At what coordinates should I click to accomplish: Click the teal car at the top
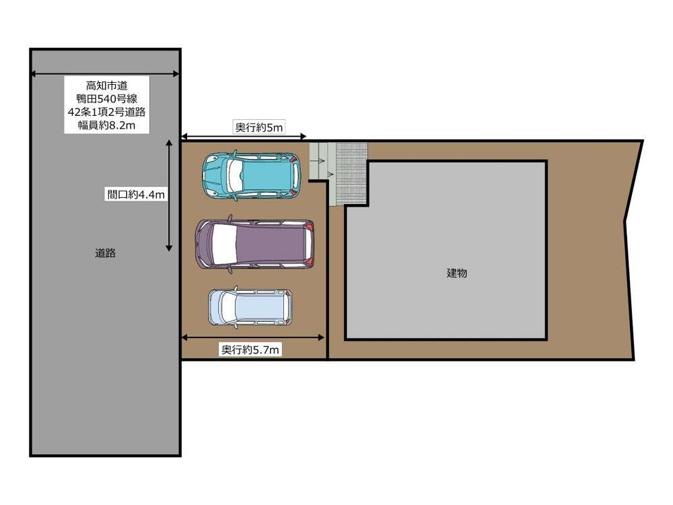point(252,176)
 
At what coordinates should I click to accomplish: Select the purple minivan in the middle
point(254,244)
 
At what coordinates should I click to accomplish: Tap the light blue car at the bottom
point(250,307)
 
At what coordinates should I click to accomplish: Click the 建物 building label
point(457,273)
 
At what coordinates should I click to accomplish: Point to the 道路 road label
point(105,253)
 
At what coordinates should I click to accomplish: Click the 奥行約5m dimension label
point(259,127)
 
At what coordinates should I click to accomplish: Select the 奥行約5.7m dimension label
point(250,349)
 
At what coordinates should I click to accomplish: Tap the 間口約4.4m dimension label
point(136,195)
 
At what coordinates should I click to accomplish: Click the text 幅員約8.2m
point(106,125)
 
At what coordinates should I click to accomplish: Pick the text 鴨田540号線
point(106,99)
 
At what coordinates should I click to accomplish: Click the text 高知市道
point(106,86)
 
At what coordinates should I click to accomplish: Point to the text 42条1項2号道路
point(106,112)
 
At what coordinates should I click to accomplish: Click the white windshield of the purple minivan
point(224,244)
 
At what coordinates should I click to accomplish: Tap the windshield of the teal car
point(236,176)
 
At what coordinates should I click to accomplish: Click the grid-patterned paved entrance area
point(351,174)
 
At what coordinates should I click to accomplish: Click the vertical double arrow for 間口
point(169,195)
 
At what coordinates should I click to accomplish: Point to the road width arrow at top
point(105,74)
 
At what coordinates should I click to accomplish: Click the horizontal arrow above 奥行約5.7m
point(252,337)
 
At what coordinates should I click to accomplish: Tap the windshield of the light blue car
point(228,307)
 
